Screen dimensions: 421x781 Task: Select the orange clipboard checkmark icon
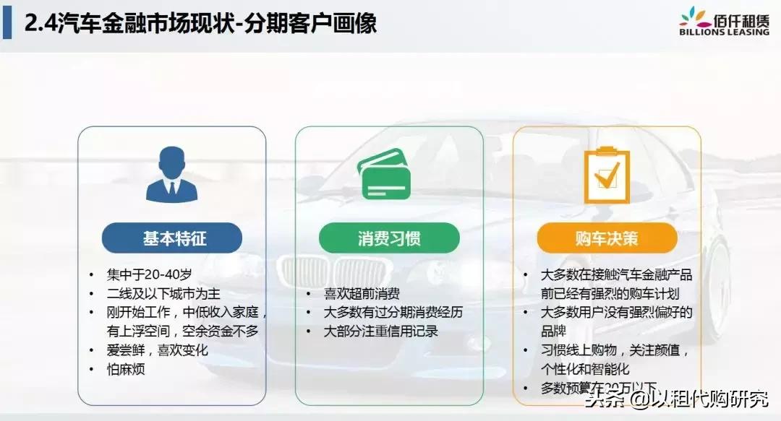coord(606,175)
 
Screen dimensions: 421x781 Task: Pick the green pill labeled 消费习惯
coord(389,238)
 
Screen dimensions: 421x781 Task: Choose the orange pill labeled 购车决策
coord(607,238)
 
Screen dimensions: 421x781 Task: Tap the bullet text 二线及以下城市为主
coord(163,294)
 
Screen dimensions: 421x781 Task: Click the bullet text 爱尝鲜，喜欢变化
coord(157,350)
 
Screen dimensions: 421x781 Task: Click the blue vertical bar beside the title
coord(7,23)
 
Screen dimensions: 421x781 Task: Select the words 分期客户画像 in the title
coord(311,23)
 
